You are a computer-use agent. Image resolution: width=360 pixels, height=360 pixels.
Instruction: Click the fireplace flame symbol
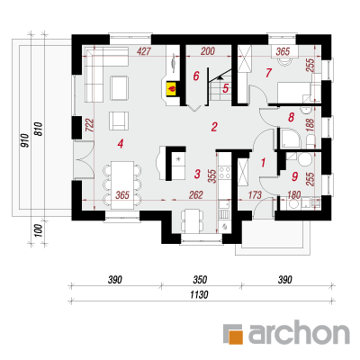click(x=172, y=89)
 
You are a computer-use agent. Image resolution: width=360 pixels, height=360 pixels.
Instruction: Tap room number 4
click(x=121, y=144)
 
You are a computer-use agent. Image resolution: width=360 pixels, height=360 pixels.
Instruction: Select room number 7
click(x=268, y=73)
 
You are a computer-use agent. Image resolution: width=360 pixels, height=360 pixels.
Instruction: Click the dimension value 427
click(x=144, y=51)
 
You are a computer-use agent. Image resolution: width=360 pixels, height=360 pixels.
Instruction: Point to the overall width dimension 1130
click(x=199, y=294)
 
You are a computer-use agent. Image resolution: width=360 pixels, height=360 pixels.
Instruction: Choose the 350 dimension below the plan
click(x=200, y=280)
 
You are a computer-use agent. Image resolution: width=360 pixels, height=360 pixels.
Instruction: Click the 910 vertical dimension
click(x=25, y=141)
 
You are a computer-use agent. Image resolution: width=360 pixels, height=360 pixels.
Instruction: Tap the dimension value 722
click(x=90, y=126)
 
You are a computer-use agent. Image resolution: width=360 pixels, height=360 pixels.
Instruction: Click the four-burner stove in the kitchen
click(x=224, y=173)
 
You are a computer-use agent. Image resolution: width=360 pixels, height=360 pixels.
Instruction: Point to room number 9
click(x=294, y=176)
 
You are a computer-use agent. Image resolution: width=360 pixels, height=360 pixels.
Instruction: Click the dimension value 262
click(x=196, y=195)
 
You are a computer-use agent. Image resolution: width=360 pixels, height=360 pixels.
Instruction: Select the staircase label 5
click(x=226, y=88)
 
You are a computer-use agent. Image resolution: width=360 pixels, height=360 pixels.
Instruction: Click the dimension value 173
click(x=255, y=195)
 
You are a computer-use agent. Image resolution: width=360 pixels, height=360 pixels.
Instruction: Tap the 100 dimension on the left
click(x=37, y=231)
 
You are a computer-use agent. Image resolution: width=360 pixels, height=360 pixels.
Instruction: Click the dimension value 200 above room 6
click(x=208, y=51)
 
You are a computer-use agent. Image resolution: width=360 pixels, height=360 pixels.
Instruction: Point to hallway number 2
click(x=214, y=127)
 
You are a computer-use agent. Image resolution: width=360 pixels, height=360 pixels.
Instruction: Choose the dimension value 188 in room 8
click(x=311, y=125)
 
